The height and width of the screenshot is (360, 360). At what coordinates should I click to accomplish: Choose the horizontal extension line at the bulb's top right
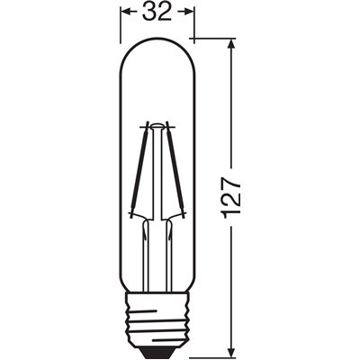[216, 40]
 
